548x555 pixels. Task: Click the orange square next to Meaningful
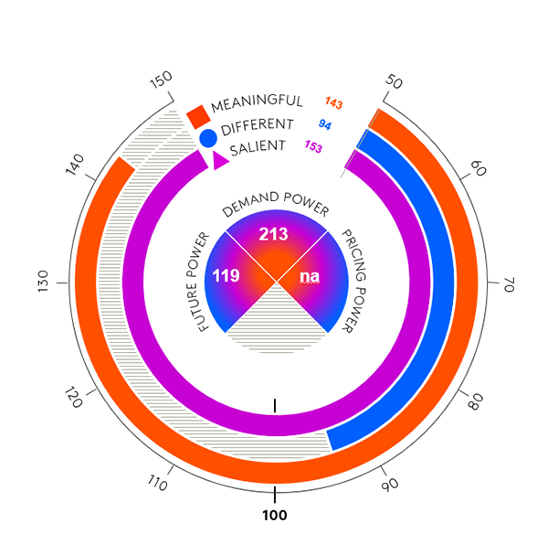tap(197, 116)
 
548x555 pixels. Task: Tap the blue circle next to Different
tap(208, 138)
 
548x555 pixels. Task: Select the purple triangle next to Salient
tap(219, 160)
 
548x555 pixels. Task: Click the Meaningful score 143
tap(333, 102)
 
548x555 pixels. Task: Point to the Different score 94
tap(324, 123)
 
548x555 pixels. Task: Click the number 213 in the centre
tap(273, 234)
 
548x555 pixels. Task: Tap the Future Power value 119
tap(227, 274)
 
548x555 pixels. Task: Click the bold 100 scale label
tap(274, 516)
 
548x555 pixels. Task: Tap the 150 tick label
tap(161, 81)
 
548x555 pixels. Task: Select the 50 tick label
tap(394, 81)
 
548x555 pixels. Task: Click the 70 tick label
tap(508, 285)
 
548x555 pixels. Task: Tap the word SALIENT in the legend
tap(258, 146)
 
